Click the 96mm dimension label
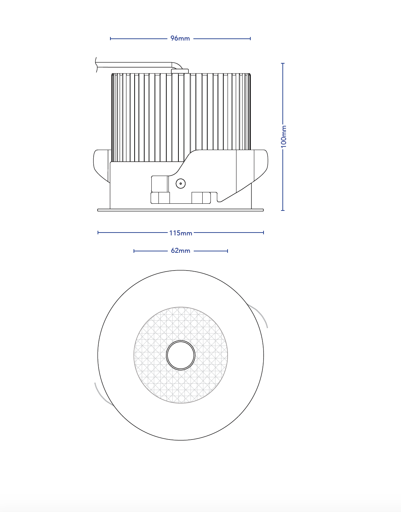pyautogui.click(x=180, y=38)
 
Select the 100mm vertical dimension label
pyautogui.click(x=283, y=137)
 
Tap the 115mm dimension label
pyautogui.click(x=181, y=233)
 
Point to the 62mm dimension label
pyautogui.click(x=181, y=251)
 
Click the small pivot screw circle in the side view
pyautogui.click(x=181, y=183)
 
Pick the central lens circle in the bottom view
pyautogui.click(x=181, y=355)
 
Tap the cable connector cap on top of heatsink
pyautogui.click(x=180, y=71)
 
